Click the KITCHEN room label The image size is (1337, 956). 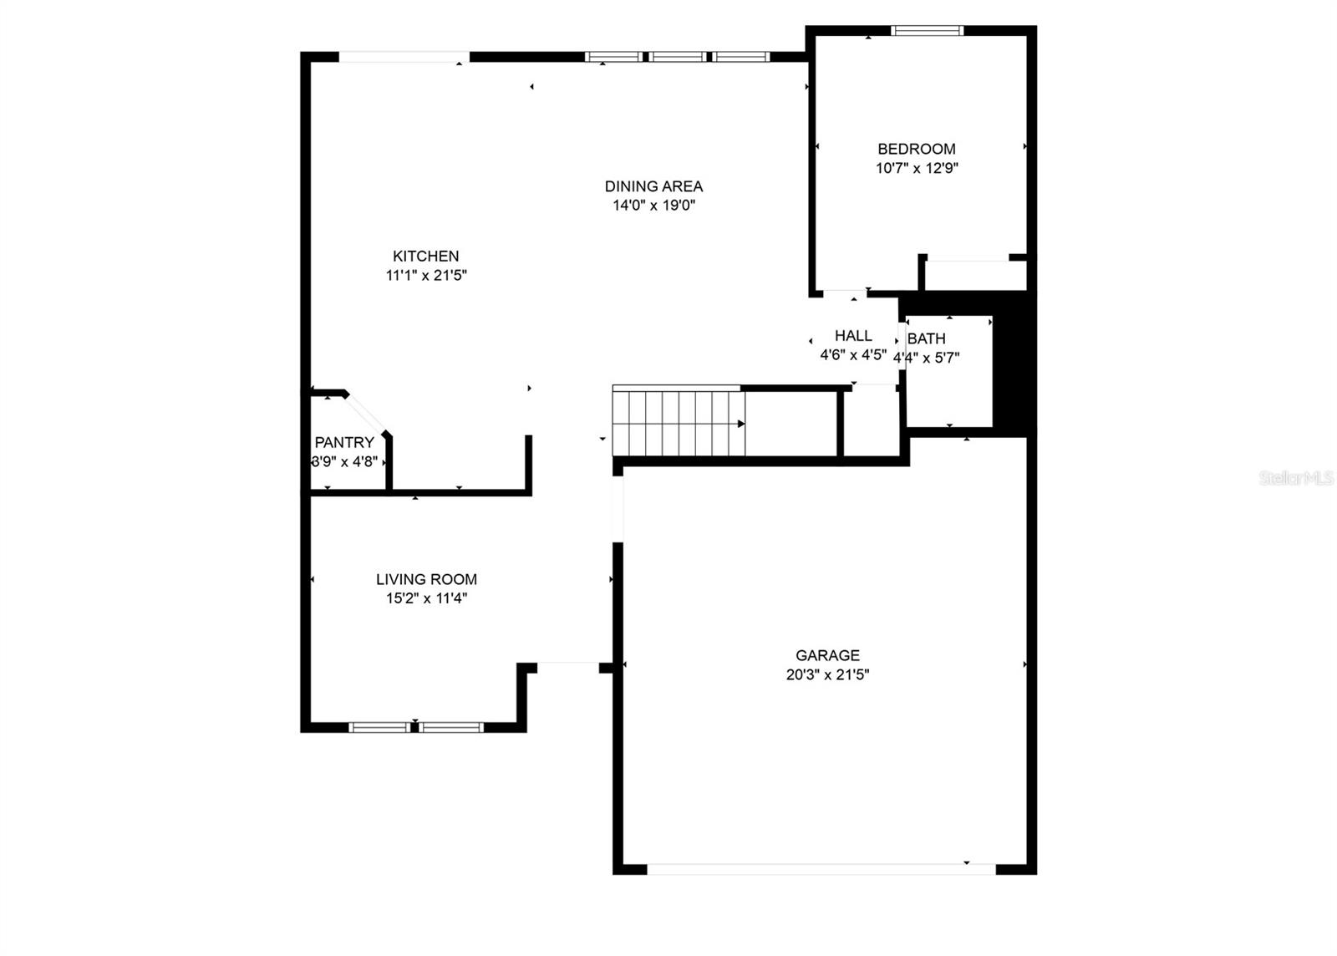(425, 256)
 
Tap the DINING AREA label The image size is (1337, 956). (653, 186)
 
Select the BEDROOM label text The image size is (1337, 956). (916, 149)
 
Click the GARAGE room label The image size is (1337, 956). (827, 655)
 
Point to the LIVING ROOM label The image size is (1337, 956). (426, 579)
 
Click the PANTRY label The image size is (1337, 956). (343, 442)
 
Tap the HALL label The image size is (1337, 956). (853, 335)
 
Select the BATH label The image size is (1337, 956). (926, 338)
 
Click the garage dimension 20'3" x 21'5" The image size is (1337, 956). (827, 675)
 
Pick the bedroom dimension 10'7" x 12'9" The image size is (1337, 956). (916, 168)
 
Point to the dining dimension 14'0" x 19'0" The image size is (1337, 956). (653, 206)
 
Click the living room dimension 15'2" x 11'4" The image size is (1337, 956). (426, 598)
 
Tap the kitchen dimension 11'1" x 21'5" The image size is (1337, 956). (425, 275)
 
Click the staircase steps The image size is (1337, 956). (678, 423)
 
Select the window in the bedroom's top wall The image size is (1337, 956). (927, 31)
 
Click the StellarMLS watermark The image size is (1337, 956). (1296, 478)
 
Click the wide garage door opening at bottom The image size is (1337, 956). (821, 869)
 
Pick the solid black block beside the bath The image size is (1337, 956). (1013, 368)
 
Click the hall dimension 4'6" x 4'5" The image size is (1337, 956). (852, 355)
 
